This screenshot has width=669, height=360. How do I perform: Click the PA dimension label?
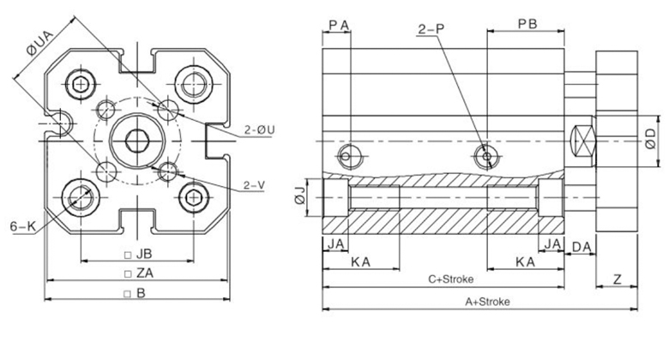coord(337,24)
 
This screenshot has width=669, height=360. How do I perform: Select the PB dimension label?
coord(527,24)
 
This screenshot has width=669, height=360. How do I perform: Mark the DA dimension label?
coord(581,247)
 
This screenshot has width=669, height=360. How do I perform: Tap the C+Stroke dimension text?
coord(451,279)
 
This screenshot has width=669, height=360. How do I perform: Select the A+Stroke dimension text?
coord(487,302)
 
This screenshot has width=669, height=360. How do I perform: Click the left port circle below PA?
coord(347,157)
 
